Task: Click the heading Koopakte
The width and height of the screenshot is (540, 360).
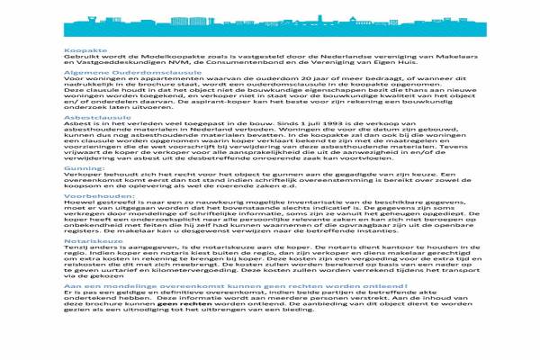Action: (80, 50)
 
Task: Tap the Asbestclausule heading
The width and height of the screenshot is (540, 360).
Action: (90, 117)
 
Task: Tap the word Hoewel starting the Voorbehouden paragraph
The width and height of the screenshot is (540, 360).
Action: (76, 204)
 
